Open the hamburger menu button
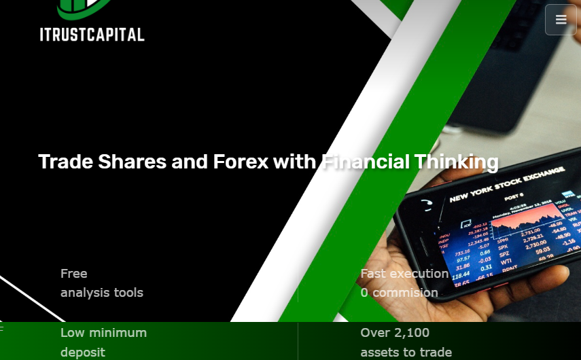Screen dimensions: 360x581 pyautogui.click(x=561, y=20)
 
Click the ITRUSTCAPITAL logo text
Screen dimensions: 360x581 pyautogui.click(x=92, y=34)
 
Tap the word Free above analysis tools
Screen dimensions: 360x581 pyautogui.click(x=74, y=274)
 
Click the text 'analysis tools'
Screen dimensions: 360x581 pyautogui.click(x=102, y=293)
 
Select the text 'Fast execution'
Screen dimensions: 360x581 pyautogui.click(x=404, y=274)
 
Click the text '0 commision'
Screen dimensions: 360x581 pyautogui.click(x=400, y=293)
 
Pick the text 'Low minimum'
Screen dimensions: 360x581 pyautogui.click(x=103, y=333)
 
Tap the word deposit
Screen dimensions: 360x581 pyautogui.click(x=83, y=353)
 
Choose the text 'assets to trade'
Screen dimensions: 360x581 pyautogui.click(x=406, y=353)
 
